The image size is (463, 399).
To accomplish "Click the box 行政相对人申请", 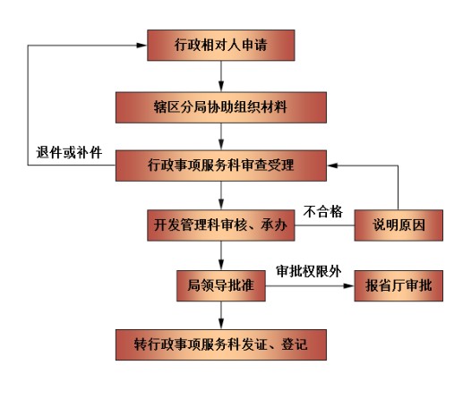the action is tap(221, 46).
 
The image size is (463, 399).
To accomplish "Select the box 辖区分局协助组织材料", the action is tap(221, 107).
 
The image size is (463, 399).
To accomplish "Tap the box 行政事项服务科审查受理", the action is tap(221, 166).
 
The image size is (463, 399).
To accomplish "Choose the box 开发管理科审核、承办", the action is tap(221, 225).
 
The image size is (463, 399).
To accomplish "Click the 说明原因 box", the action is tap(399, 225).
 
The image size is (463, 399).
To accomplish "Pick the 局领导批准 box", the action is tap(221, 285).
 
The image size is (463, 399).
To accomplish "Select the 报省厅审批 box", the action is tap(399, 285).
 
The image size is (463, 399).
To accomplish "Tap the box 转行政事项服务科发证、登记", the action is tap(221, 344).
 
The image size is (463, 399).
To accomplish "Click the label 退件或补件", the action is tap(69, 152).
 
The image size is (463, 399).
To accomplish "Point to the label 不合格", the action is tap(323, 212).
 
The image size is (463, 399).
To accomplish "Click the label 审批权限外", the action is tap(309, 271).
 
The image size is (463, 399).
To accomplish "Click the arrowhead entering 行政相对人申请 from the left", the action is tap(141, 46).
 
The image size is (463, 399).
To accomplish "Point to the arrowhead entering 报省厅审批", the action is tap(348, 285).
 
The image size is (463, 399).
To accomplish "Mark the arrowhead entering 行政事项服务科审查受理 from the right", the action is tap(332, 166).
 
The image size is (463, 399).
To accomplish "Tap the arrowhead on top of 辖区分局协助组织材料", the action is tap(221, 86).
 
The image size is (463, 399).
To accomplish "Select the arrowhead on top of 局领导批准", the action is tap(221, 265).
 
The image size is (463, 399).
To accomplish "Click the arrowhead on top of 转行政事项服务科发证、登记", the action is tap(221, 324).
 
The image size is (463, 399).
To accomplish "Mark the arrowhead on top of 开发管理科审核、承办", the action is tap(221, 204).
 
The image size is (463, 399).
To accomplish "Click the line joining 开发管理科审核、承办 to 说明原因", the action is tap(325, 225).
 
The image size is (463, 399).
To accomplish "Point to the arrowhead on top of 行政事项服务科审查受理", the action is tap(221, 144).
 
